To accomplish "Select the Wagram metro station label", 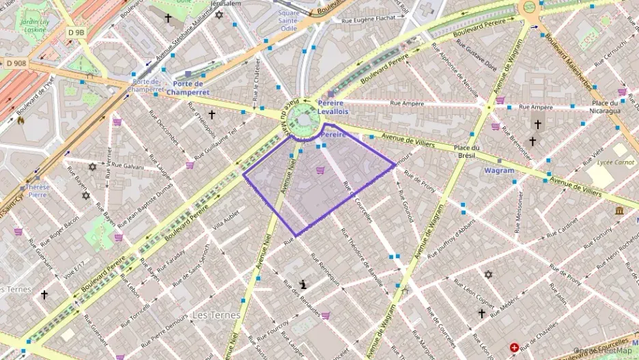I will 499,171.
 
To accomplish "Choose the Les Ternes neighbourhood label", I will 216,315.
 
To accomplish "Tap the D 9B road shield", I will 76,32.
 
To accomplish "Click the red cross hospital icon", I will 514,348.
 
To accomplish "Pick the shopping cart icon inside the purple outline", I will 320,170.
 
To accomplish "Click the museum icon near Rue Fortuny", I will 618,210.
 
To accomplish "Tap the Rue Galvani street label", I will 128,166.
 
